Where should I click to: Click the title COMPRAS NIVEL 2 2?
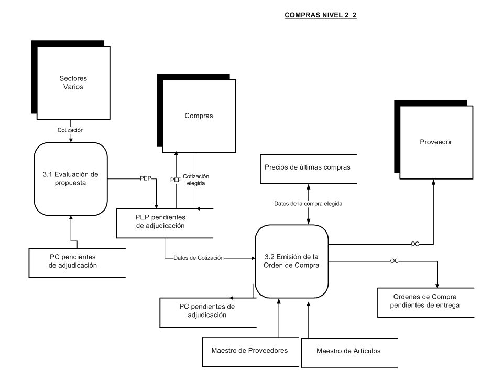click(x=321, y=15)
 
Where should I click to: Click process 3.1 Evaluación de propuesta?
click(x=71, y=178)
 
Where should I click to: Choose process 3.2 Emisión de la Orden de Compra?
click(x=292, y=261)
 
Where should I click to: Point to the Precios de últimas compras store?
click(x=309, y=169)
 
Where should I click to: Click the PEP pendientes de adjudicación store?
click(x=165, y=224)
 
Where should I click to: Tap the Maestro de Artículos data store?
click(x=349, y=353)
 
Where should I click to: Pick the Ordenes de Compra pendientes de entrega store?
click(x=425, y=303)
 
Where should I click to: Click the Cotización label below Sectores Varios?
click(x=71, y=130)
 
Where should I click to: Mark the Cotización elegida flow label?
click(x=195, y=180)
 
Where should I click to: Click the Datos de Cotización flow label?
click(x=198, y=258)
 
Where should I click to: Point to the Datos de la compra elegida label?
click(x=308, y=204)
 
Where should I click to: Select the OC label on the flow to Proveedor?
click(x=415, y=244)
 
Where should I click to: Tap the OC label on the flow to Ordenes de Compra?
click(x=394, y=261)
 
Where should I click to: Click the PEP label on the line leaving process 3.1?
click(x=145, y=178)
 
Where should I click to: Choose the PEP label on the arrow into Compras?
click(x=176, y=180)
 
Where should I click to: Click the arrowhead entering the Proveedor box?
click(x=433, y=182)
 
